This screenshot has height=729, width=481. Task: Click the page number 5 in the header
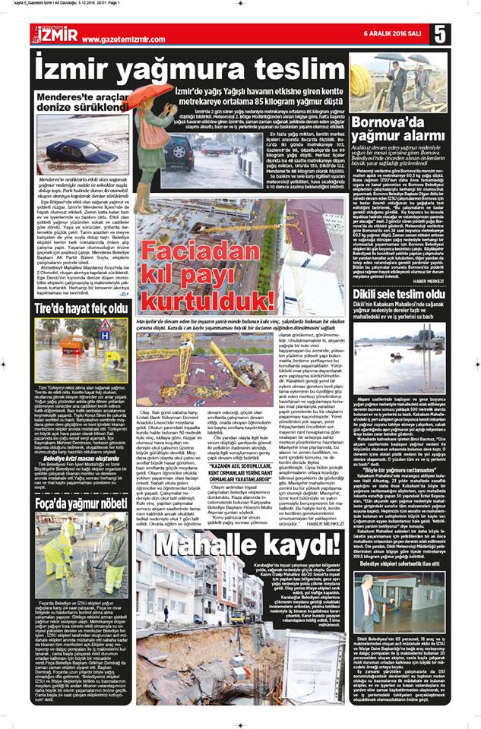click(440, 34)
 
